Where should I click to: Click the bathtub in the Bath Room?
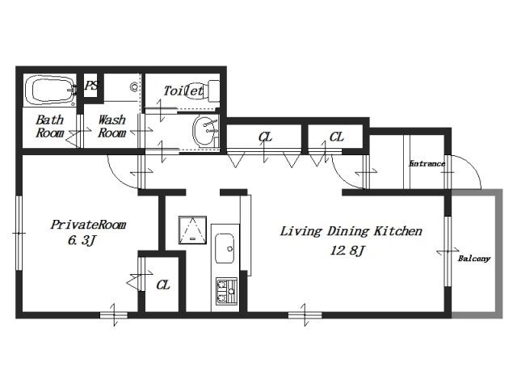point(50,90)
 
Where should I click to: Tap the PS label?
point(91,86)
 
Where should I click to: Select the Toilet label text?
point(183,91)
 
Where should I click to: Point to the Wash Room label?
point(112,126)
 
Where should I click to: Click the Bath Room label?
point(50,126)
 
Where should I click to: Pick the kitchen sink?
point(225,248)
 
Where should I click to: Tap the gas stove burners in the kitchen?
point(226,291)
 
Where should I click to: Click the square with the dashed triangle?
point(192,230)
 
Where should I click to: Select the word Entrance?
point(427,163)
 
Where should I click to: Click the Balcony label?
point(474,259)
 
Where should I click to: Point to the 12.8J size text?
point(347,251)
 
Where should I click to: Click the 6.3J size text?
point(82,240)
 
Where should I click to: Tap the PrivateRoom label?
point(88,225)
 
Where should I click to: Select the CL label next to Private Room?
point(163,285)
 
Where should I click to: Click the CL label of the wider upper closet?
point(266,137)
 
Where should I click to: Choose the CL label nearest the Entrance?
point(336,137)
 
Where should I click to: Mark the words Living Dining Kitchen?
point(351,231)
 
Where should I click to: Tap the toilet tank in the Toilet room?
point(214,91)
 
